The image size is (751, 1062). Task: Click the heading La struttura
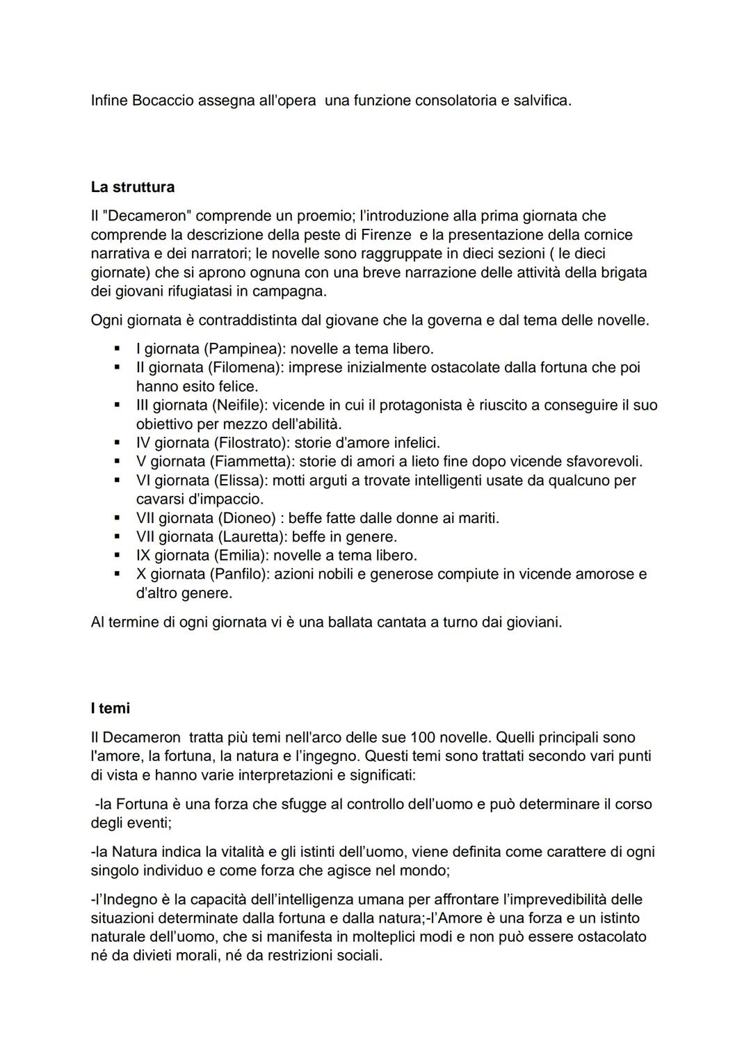(132, 187)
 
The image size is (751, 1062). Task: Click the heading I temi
(110, 708)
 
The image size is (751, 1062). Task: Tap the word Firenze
(386, 234)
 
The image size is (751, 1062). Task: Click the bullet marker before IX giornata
(118, 556)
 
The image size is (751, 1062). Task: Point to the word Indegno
(128, 899)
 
